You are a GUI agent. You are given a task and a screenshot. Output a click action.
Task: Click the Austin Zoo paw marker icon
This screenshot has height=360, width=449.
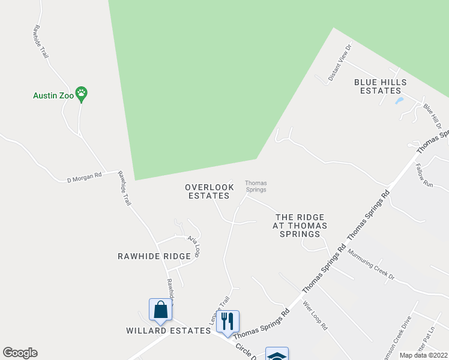coord(82,94)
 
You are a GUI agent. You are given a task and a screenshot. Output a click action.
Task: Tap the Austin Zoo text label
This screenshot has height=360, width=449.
coord(53,95)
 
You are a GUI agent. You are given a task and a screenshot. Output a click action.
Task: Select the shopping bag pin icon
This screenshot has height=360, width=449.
coord(160,311)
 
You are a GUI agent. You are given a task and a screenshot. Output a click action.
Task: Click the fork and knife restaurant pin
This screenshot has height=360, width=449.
coord(228,321)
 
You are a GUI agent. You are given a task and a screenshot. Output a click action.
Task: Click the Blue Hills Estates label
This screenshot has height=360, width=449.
coord(380,86)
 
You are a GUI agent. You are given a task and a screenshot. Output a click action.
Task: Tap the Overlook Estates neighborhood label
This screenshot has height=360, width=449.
coord(207,191)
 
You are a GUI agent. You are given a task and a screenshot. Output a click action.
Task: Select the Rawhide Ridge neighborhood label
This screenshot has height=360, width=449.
coord(153,256)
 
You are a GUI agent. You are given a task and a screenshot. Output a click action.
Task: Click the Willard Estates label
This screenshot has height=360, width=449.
coord(159,331)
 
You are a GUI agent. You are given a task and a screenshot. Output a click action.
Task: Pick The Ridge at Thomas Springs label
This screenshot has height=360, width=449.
coord(300,226)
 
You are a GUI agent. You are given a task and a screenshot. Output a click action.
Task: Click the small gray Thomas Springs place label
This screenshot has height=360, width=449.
coord(255,187)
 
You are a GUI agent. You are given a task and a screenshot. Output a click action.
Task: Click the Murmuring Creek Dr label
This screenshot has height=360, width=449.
coord(371,264)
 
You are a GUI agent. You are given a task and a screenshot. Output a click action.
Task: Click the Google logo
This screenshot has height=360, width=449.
coord(20,353)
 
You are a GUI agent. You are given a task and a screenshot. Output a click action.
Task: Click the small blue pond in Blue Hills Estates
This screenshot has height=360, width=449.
coord(399,101)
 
